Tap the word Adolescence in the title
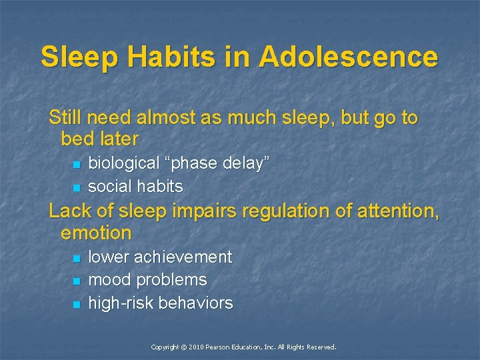[349, 57]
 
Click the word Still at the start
[65, 118]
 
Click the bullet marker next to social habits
[77, 187]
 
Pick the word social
[108, 186]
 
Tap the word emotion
[96, 233]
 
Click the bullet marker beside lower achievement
[77, 258]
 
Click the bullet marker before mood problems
[77, 281]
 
